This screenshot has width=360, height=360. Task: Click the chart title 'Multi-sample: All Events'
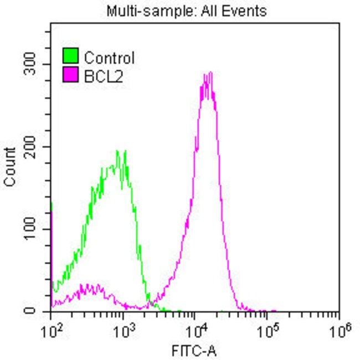(x=187, y=11)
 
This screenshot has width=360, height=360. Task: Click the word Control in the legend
(x=109, y=58)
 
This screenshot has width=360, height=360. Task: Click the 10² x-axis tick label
(x=52, y=331)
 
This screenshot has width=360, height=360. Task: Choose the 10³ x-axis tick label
(x=124, y=331)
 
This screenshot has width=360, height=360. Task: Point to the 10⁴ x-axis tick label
(x=196, y=331)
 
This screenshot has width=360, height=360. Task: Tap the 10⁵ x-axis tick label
(x=268, y=331)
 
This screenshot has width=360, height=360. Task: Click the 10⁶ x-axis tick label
(x=339, y=331)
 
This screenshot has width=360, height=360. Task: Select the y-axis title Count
(x=9, y=167)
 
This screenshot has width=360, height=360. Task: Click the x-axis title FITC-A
(x=194, y=350)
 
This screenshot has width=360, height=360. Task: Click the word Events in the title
(x=246, y=11)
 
